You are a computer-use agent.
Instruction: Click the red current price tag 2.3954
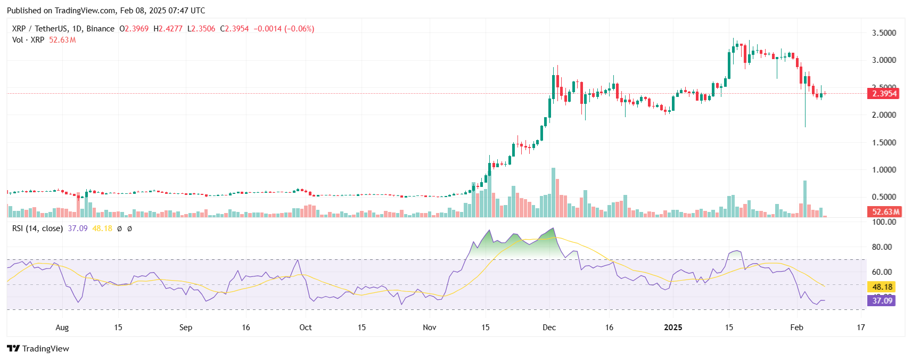884,94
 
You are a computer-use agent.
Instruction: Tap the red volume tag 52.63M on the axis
885,212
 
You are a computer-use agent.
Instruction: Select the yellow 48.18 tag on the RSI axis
882,287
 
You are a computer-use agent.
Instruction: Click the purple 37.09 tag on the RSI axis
882,301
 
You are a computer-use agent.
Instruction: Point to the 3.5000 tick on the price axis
883,33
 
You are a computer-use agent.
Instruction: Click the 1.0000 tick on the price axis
883,170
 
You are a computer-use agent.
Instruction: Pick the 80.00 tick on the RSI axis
882,247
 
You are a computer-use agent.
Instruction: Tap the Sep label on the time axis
186,328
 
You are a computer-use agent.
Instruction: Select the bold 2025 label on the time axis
673,328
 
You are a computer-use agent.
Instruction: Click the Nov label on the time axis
430,328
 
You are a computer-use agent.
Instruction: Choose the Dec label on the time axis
549,328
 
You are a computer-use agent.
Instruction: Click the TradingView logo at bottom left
38,349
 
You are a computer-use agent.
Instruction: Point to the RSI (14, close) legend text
38,228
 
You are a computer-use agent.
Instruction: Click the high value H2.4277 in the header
168,29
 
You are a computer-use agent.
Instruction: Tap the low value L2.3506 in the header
201,29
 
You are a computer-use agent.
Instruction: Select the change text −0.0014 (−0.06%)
284,29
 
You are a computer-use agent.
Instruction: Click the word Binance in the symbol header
100,29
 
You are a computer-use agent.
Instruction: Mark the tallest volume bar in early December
553,193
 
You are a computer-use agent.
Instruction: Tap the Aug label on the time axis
62,328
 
